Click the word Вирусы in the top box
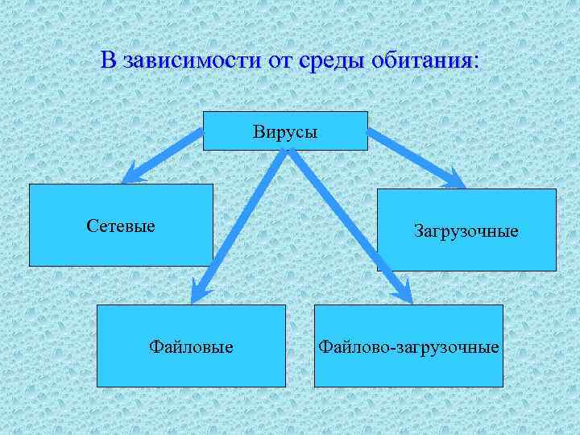[x=285, y=130]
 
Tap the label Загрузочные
[x=466, y=231]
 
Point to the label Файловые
[x=192, y=347]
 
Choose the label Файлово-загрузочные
[x=408, y=347]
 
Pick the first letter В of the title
[x=108, y=60]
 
